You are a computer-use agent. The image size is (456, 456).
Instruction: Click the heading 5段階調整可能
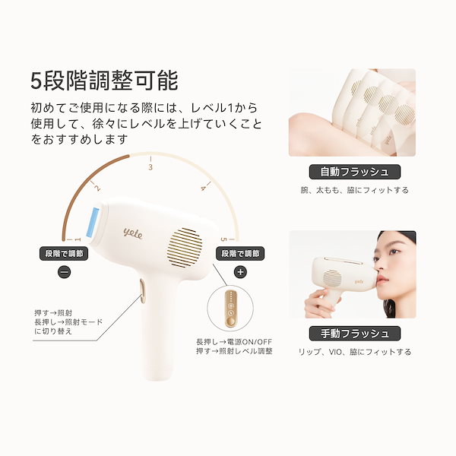click(104, 80)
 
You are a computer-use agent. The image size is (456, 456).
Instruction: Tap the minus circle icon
click(65, 271)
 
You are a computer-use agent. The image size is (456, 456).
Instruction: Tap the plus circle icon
click(241, 271)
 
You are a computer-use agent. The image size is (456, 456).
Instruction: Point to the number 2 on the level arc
click(97, 186)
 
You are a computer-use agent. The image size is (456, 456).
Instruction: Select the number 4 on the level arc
click(203, 187)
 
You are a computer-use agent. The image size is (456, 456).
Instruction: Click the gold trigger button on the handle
click(141, 287)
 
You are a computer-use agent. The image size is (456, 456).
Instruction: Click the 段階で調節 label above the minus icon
click(65, 253)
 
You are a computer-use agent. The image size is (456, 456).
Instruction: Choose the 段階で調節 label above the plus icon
click(240, 253)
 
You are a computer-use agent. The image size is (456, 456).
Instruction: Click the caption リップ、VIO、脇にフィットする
click(355, 352)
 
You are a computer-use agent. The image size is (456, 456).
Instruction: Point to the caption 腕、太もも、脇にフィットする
click(355, 190)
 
